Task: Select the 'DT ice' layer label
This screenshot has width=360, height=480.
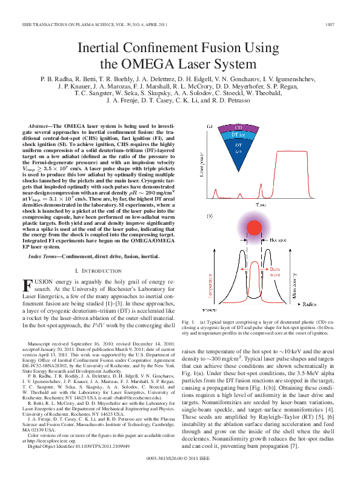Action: (x=238, y=135)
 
